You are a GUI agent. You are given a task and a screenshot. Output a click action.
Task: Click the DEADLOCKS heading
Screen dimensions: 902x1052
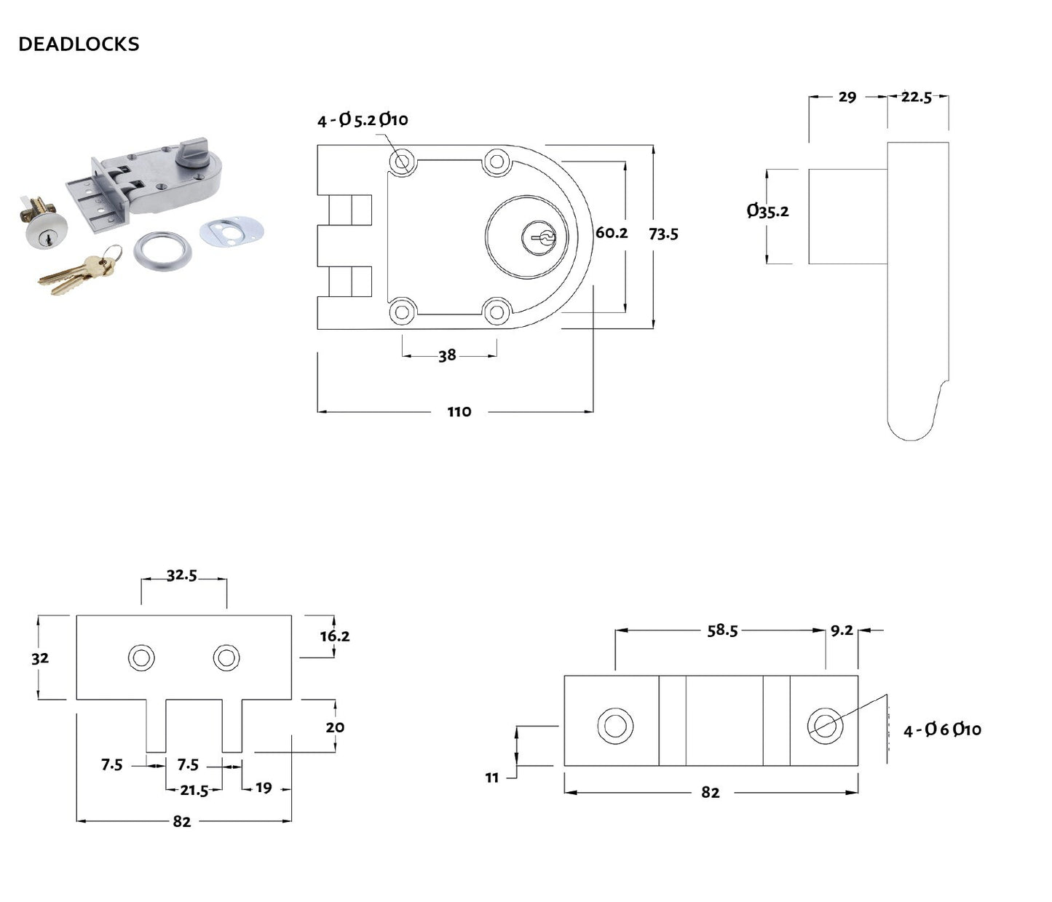click(79, 44)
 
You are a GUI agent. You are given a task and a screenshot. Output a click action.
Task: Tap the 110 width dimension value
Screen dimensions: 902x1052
click(459, 412)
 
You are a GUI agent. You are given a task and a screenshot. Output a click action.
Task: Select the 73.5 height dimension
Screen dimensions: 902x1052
click(663, 234)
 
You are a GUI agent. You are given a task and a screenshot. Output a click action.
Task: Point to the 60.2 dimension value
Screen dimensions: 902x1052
click(612, 233)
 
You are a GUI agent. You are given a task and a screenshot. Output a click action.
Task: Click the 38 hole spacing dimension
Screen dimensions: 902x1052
click(447, 355)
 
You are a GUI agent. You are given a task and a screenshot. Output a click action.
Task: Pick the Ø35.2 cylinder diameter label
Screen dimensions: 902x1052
click(768, 211)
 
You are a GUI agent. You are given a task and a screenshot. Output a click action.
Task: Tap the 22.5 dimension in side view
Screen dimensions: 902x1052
click(916, 97)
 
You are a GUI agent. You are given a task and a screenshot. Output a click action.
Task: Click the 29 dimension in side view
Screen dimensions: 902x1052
click(847, 97)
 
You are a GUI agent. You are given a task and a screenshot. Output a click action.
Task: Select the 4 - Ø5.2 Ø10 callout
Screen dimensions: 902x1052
click(363, 119)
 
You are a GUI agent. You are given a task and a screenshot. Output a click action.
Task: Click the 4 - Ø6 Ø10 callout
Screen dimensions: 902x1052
click(942, 729)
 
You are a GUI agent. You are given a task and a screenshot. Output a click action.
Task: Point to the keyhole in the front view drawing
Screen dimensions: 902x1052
click(539, 237)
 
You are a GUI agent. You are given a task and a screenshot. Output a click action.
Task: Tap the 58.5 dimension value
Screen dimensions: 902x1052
click(722, 630)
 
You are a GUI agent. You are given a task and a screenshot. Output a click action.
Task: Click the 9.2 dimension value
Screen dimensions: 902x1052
click(842, 630)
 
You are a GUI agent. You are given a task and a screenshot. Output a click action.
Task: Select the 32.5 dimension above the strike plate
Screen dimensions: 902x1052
click(182, 575)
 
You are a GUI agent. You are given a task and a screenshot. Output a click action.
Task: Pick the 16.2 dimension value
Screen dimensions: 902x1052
click(335, 636)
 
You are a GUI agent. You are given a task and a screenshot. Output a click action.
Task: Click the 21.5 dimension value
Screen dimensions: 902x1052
click(194, 790)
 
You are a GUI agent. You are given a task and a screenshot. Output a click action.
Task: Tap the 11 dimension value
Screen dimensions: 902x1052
click(492, 778)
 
